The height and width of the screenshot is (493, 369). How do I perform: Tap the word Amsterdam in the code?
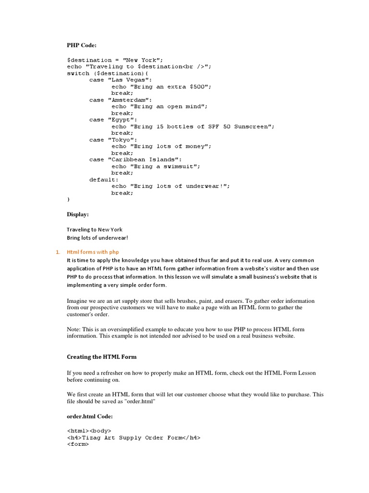pyautogui.click(x=132, y=100)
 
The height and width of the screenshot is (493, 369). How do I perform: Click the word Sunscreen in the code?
pyautogui.click(x=254, y=127)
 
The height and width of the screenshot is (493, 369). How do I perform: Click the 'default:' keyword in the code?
pyautogui.click(x=104, y=180)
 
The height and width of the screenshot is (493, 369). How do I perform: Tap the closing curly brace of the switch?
pyautogui.click(x=69, y=199)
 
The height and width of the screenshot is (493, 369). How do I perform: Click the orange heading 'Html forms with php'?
pyautogui.click(x=93, y=252)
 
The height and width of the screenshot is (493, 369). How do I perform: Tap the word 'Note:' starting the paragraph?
pyautogui.click(x=75, y=329)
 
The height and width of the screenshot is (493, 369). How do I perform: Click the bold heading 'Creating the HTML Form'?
pyautogui.click(x=101, y=357)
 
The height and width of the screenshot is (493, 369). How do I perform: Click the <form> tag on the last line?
pyautogui.click(x=78, y=444)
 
